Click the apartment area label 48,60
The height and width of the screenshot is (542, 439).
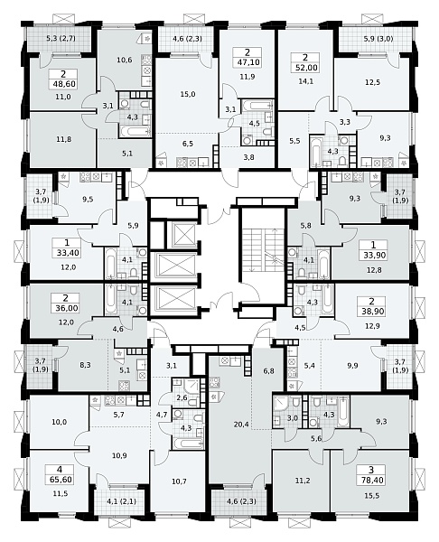click(x=64, y=84)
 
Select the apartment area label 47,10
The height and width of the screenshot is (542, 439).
click(x=248, y=62)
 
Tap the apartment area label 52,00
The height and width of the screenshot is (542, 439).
click(x=306, y=68)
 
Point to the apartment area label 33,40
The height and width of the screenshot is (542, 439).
click(x=68, y=253)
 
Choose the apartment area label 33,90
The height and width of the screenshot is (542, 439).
click(x=373, y=256)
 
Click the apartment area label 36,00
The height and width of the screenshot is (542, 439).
click(x=67, y=308)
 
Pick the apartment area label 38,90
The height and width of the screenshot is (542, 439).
click(x=372, y=311)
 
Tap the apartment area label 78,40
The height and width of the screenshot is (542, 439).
click(x=371, y=481)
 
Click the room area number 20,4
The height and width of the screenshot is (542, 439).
click(x=241, y=425)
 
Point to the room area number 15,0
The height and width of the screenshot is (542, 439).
click(x=188, y=94)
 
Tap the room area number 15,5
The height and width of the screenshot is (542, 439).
click(x=371, y=496)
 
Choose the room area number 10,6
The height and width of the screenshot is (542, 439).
click(x=125, y=61)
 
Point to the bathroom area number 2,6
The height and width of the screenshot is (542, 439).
click(x=182, y=397)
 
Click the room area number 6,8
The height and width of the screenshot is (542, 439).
click(x=268, y=371)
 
